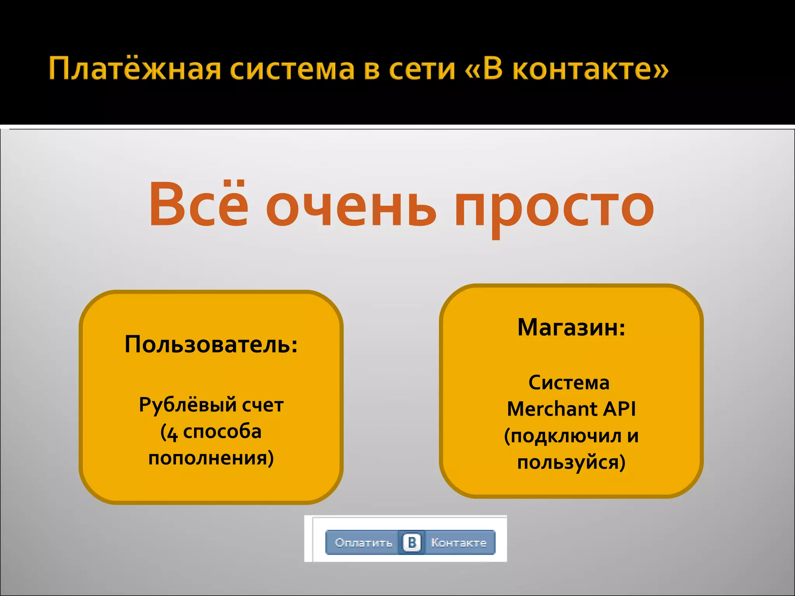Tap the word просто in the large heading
554,208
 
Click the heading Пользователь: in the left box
211,344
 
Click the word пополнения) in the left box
211,458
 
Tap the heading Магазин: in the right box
571,327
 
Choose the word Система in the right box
569,383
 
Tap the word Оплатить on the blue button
363,542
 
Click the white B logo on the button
412,542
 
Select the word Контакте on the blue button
459,542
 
